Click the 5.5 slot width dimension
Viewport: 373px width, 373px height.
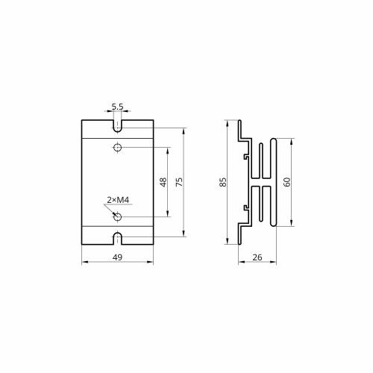(x=117, y=107)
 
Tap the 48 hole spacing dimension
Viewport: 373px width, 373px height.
(x=163, y=182)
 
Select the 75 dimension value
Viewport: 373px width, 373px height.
(x=179, y=182)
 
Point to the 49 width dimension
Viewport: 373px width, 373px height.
(x=117, y=257)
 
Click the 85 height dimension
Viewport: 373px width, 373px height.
(x=223, y=182)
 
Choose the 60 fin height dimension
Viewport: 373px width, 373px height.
(x=286, y=182)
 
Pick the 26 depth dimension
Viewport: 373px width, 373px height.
(x=257, y=257)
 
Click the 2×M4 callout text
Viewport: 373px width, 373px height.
(x=118, y=200)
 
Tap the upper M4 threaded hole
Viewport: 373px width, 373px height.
(x=117, y=148)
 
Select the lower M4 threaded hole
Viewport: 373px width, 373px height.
(x=117, y=217)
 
